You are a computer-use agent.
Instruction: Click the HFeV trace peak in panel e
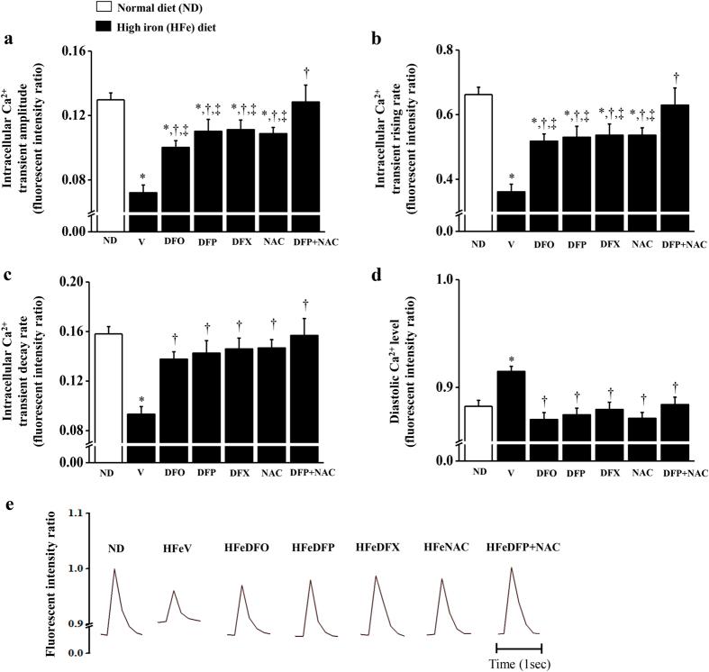[x=173, y=591]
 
